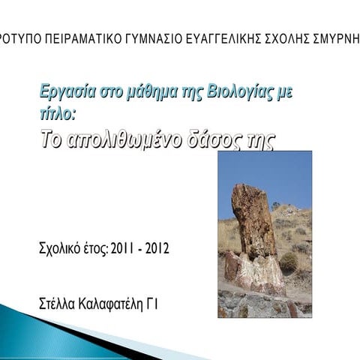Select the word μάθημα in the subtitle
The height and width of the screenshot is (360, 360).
(x=138, y=93)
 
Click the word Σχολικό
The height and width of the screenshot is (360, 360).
(x=57, y=248)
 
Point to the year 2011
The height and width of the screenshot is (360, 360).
(x=124, y=248)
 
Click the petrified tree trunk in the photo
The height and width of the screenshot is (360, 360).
(x=253, y=225)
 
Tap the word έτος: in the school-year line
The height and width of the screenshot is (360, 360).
(x=93, y=248)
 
